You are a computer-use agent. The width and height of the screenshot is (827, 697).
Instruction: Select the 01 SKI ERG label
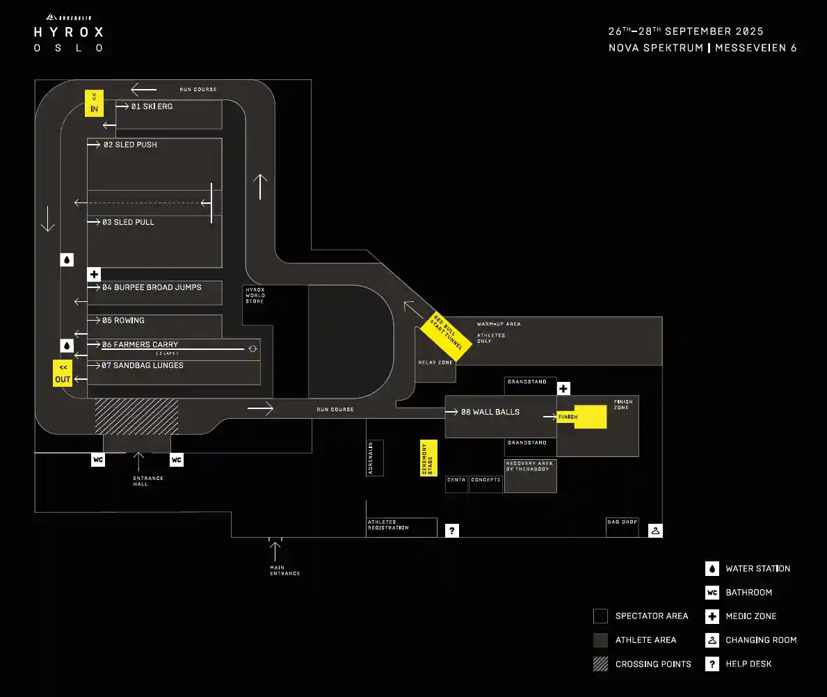click(152, 106)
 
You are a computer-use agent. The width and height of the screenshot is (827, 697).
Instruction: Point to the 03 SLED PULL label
click(128, 222)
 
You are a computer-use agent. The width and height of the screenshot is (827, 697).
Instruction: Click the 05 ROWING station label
click(123, 321)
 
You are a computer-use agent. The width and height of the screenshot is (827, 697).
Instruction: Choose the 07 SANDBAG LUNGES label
click(143, 365)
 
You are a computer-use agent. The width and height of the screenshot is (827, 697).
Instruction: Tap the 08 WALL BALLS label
click(490, 412)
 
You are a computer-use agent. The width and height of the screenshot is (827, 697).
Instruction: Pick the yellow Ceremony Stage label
click(428, 458)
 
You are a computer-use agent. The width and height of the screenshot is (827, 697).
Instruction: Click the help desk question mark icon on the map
click(452, 531)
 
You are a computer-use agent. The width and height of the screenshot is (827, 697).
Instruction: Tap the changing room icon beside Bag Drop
click(655, 531)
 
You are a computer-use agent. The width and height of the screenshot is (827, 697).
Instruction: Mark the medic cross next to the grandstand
click(563, 388)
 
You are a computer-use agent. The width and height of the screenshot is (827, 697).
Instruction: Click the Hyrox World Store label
click(255, 295)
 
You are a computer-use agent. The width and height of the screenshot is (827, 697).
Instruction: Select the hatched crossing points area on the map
click(136, 416)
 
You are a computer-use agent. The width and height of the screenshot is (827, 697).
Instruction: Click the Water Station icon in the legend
click(712, 568)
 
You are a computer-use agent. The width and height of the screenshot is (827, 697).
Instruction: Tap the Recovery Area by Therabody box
click(530, 475)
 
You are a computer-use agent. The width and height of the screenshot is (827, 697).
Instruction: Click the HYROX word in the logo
click(69, 32)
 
